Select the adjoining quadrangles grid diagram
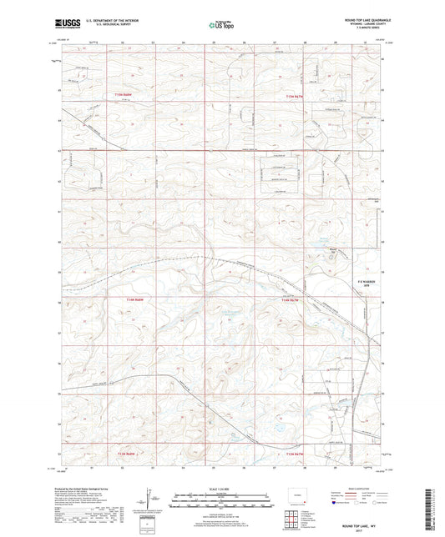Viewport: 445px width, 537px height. pyautogui.click(x=291, y=514)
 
